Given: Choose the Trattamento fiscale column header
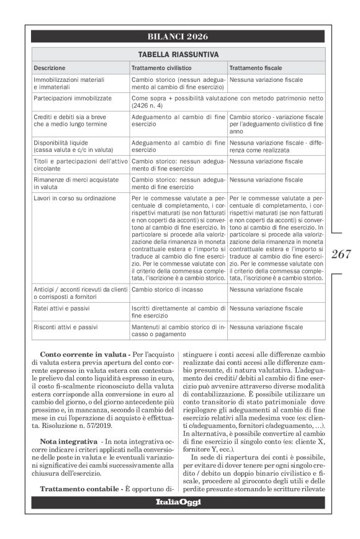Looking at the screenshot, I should (x=255, y=67).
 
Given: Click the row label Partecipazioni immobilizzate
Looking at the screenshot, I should (x=73, y=98).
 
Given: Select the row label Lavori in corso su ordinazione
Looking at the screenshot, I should (x=74, y=198).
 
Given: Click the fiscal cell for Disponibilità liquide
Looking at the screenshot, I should (x=276, y=146).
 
